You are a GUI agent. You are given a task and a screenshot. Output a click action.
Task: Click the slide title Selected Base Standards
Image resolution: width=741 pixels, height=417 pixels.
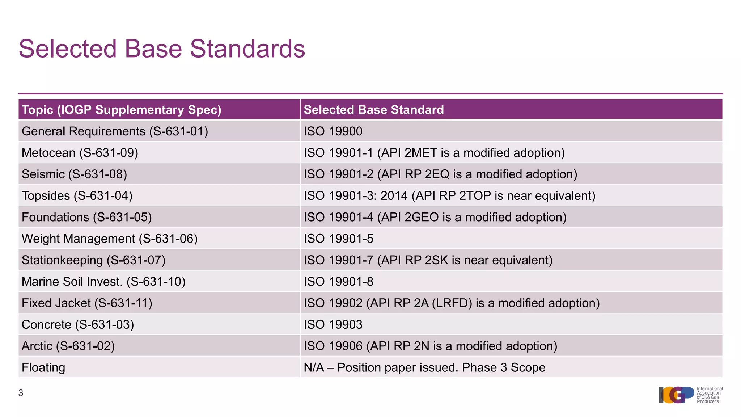pos(162,49)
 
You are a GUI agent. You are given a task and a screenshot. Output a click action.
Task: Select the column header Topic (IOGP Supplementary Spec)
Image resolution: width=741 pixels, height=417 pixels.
pos(122,110)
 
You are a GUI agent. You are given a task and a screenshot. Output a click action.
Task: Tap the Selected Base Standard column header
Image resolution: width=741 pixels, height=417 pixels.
pos(373,110)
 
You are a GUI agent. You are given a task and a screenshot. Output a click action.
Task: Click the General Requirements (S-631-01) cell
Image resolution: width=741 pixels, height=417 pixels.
pos(115,131)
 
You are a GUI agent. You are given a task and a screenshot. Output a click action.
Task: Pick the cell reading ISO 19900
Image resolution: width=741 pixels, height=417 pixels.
pos(333,131)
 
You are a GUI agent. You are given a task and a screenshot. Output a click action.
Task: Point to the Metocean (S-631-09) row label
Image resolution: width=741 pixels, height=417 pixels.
pos(80,153)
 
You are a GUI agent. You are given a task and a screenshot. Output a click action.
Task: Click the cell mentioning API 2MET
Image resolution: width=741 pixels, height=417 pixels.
pos(434,153)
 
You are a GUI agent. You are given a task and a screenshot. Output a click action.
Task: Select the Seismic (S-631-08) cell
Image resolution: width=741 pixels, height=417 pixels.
pos(74,174)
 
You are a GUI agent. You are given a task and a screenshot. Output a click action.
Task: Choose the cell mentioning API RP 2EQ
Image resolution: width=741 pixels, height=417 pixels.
pos(440,174)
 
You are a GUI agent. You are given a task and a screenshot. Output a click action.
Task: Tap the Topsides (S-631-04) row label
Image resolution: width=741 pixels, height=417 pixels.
pos(77,195)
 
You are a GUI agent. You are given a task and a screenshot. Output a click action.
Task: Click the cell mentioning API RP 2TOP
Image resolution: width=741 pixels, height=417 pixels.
pos(449,195)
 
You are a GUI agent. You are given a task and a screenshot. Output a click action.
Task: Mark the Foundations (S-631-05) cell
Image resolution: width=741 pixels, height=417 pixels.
pos(86,217)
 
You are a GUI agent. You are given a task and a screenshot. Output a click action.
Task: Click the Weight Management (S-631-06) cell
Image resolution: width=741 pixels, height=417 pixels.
pos(110,239)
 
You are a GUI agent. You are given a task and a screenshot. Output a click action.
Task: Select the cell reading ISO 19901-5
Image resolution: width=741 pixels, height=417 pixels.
pos(338,239)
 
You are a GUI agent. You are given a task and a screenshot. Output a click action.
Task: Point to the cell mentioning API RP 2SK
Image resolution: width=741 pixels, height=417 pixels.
pos(428,260)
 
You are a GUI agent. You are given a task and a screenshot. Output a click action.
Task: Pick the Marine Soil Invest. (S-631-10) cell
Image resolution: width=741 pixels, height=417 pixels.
pos(103,281)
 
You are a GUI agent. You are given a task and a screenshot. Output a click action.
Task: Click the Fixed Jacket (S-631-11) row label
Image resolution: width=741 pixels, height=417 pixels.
pos(87,303)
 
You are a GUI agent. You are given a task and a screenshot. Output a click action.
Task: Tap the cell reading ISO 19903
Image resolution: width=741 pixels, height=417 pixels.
pos(333,324)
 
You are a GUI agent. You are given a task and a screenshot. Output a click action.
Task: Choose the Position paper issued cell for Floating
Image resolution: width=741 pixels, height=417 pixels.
pos(424,367)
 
